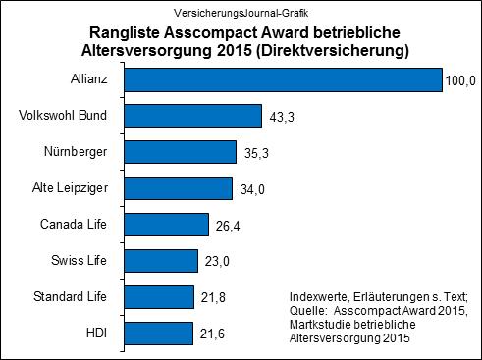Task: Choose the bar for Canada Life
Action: (169, 225)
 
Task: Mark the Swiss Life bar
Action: (163, 261)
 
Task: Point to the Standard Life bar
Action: (161, 297)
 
